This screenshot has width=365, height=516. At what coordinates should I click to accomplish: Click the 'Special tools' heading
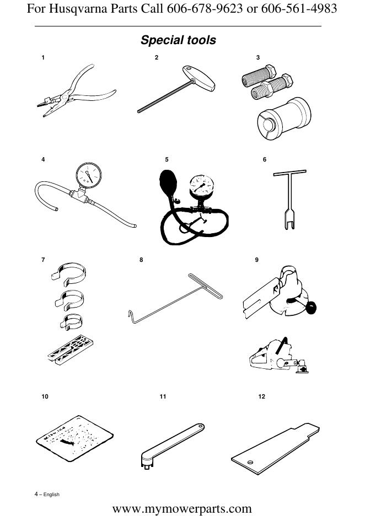coord(178,40)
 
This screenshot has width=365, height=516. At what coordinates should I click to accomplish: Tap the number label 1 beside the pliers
coord(43,57)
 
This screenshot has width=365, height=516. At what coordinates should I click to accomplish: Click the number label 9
coord(257,260)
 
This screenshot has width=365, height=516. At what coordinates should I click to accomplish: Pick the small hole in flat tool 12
coord(251,461)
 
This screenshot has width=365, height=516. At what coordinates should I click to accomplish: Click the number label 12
coord(261,396)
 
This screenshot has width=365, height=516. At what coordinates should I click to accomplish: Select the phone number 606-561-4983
coord(298,9)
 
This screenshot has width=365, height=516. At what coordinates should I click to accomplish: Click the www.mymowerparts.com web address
coord(182,508)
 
